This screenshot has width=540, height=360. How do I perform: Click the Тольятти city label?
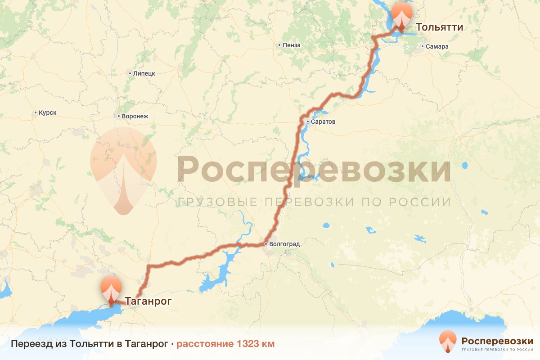coord(439,27)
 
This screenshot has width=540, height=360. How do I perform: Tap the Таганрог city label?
coord(148,301)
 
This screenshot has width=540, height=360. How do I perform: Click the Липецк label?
coord(144,73)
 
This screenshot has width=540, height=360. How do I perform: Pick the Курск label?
coord(48,112)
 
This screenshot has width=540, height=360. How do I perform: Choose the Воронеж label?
coord(135,116)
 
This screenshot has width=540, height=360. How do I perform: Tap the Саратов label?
coord(323,122)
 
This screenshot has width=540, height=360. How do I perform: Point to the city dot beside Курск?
coord(36,112)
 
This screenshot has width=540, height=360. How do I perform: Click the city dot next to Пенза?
coord(279,45)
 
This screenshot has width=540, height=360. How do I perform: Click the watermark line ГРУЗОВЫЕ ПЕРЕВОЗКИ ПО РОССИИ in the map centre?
coord(314,202)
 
